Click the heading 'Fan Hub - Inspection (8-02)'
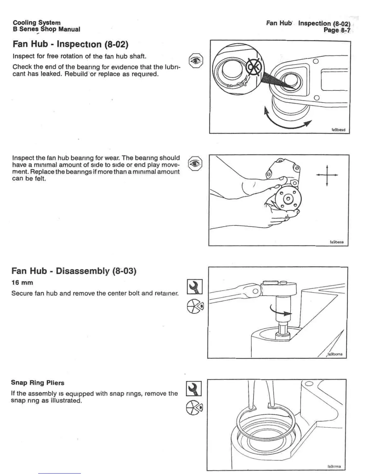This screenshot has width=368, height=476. (71, 44)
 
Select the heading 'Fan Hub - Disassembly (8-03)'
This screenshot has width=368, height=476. (74, 271)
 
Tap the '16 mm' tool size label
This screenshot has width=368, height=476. (22, 283)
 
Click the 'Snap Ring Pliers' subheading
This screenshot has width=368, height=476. (38, 383)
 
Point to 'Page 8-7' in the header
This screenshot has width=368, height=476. (337, 30)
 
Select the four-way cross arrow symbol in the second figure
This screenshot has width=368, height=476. (327, 175)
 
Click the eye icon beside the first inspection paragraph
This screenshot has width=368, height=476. (196, 61)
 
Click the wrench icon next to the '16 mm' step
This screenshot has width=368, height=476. (195, 287)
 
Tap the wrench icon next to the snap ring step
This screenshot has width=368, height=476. (194, 389)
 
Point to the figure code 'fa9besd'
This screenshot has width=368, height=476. (338, 130)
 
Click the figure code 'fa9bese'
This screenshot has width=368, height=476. (337, 242)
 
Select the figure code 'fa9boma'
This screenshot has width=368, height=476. (335, 354)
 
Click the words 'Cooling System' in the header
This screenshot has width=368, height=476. (37, 23)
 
